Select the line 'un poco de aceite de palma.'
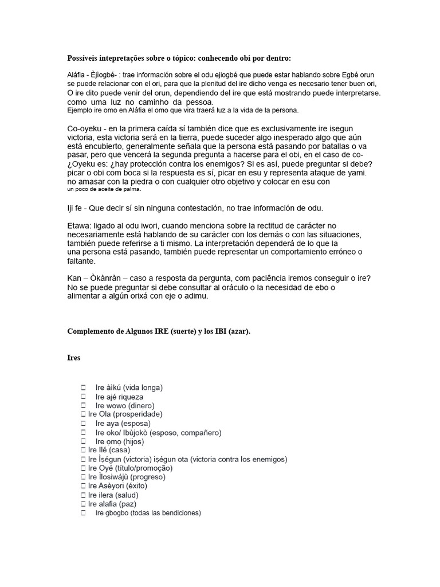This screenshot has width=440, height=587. [x=104, y=189]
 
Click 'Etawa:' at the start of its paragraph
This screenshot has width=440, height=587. [x=80, y=226]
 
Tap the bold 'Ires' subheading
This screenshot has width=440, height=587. [x=74, y=358]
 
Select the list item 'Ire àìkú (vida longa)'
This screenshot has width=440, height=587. [x=129, y=388]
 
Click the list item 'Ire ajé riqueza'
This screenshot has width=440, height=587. [x=119, y=397]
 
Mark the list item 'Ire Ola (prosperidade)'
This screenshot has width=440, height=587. [x=125, y=414]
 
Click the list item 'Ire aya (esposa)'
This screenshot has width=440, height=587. [x=123, y=423]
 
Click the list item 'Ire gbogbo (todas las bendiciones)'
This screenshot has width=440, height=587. [x=148, y=513]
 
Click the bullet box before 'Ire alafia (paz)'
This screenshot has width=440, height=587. [x=83, y=504]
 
